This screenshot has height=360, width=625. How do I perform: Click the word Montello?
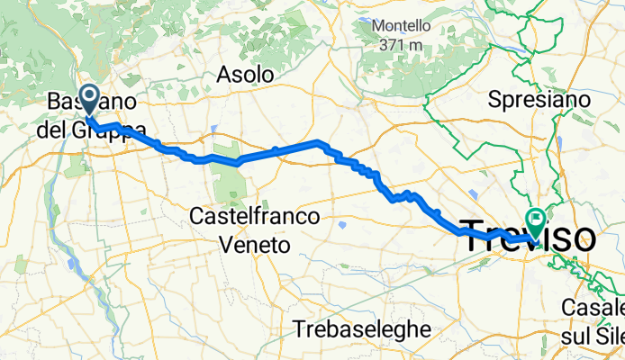click(402, 25)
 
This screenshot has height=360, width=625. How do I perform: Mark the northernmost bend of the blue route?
click(316, 141)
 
